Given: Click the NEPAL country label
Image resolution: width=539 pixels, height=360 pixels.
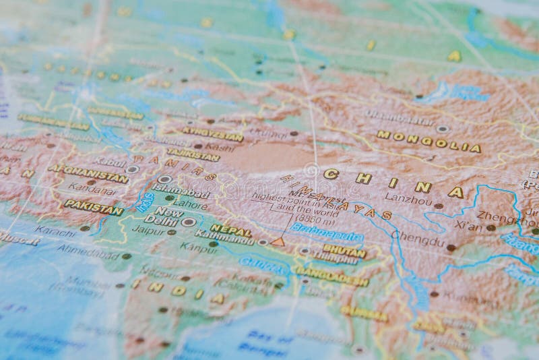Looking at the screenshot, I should point(230,229).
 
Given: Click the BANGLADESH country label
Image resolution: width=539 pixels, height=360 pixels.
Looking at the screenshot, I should point(331,276).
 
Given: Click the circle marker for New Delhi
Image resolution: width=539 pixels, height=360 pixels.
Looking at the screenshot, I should point(189,222).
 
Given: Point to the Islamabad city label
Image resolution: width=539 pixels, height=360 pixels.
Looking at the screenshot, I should point(181,191).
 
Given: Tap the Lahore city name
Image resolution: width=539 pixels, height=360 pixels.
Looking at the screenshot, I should point(190,203).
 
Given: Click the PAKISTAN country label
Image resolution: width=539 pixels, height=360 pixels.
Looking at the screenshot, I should point(94,207).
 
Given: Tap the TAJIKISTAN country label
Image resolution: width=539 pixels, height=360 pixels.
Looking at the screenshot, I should point(193,154).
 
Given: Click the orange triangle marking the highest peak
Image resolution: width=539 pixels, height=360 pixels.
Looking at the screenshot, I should point(278,241).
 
